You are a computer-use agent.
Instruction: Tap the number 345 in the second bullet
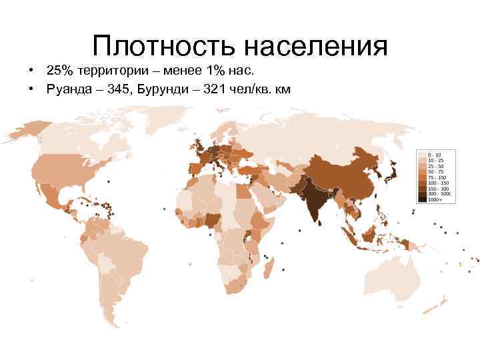[x=117, y=89]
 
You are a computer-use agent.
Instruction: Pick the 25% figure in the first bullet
[x=59, y=71]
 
